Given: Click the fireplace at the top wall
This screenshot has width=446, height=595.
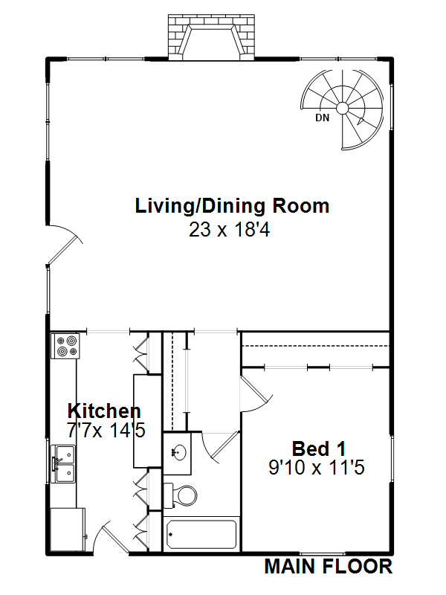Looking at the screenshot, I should click(212, 37).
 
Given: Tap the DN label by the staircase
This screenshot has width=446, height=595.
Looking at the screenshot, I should click(322, 118).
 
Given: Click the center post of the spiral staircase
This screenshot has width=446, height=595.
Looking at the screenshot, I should click(343, 108).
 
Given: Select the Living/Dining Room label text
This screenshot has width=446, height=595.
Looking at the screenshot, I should click(232, 206).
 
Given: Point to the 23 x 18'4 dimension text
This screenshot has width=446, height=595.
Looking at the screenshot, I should click(228, 230).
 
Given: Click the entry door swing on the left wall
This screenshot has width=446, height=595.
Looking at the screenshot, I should click(63, 245).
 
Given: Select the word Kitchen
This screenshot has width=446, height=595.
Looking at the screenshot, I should click(104, 411).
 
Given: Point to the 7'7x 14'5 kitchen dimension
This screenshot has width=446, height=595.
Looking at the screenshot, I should click(104, 429).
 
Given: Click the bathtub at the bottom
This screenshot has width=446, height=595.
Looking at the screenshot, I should click(201, 534).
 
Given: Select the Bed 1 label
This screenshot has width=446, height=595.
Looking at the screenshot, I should click(318, 448).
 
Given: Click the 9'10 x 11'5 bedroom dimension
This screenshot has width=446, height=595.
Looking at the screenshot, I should click(318, 468).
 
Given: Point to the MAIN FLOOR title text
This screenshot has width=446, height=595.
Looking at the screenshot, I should click(328, 567).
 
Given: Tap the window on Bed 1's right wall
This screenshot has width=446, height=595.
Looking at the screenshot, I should click(391, 459).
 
